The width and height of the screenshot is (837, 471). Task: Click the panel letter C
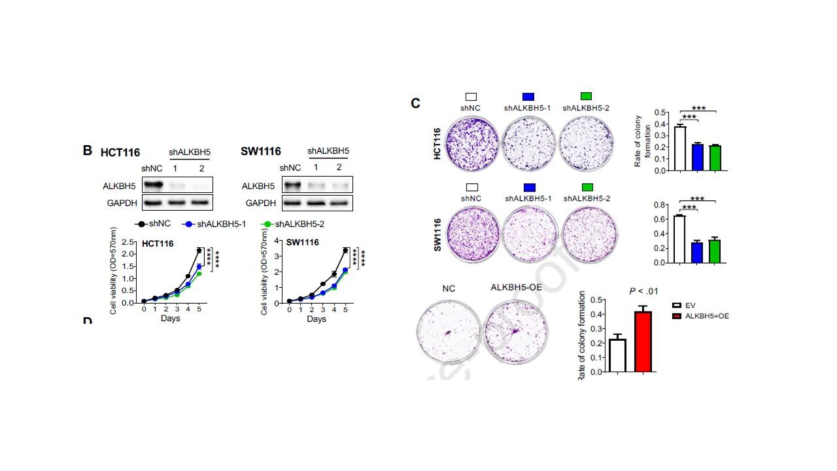point(415,103)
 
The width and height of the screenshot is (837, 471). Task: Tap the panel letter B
point(87,150)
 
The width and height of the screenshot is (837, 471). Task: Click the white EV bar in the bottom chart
point(617,355)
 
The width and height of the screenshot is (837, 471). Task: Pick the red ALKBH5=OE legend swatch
point(677,316)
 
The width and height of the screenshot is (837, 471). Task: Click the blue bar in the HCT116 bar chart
point(697,157)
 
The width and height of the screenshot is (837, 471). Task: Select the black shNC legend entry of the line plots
point(153,224)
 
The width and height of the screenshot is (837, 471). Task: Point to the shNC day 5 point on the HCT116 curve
point(199,251)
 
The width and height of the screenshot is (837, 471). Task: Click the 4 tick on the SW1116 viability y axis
point(278,241)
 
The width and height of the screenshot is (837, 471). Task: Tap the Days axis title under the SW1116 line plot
point(316,319)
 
